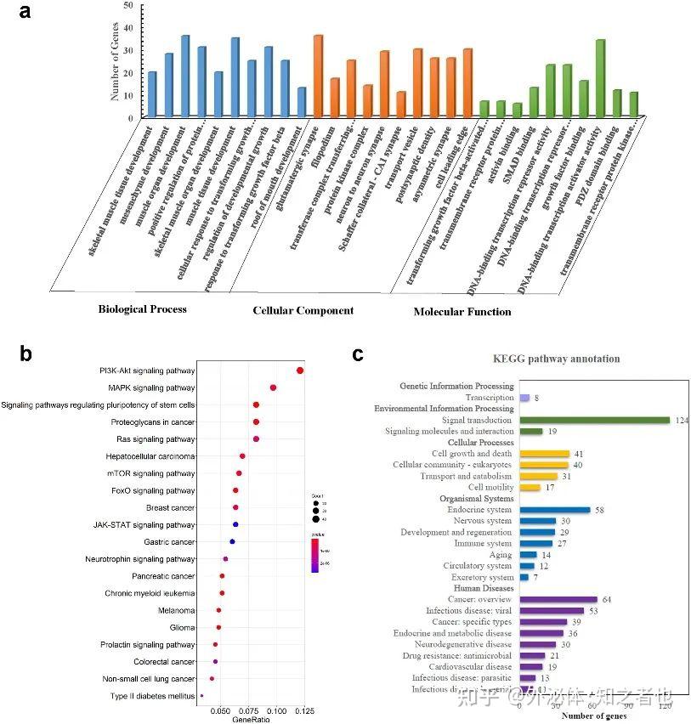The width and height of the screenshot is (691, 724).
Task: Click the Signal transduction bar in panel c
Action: click(x=595, y=420)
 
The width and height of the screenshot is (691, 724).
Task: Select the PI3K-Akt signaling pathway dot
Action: click(x=300, y=370)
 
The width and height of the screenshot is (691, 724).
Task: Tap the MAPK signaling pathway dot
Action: click(x=273, y=387)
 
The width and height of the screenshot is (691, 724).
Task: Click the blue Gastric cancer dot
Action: click(x=232, y=541)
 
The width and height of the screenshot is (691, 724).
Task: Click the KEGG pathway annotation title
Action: click(x=558, y=359)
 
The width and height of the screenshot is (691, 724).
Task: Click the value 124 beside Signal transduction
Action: click(x=682, y=421)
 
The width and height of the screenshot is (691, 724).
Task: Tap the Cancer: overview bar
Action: click(x=558, y=600)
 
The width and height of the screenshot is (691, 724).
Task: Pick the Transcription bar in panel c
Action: click(x=524, y=398)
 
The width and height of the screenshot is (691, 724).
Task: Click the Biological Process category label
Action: click(x=142, y=308)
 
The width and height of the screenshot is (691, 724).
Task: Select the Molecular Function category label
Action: click(x=462, y=312)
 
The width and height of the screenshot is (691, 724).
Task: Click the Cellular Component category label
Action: click(x=303, y=310)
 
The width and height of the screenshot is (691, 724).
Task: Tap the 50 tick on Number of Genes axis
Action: click(x=127, y=6)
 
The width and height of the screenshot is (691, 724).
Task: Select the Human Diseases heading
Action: click(x=483, y=588)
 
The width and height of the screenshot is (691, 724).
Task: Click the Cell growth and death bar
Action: click(x=544, y=454)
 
